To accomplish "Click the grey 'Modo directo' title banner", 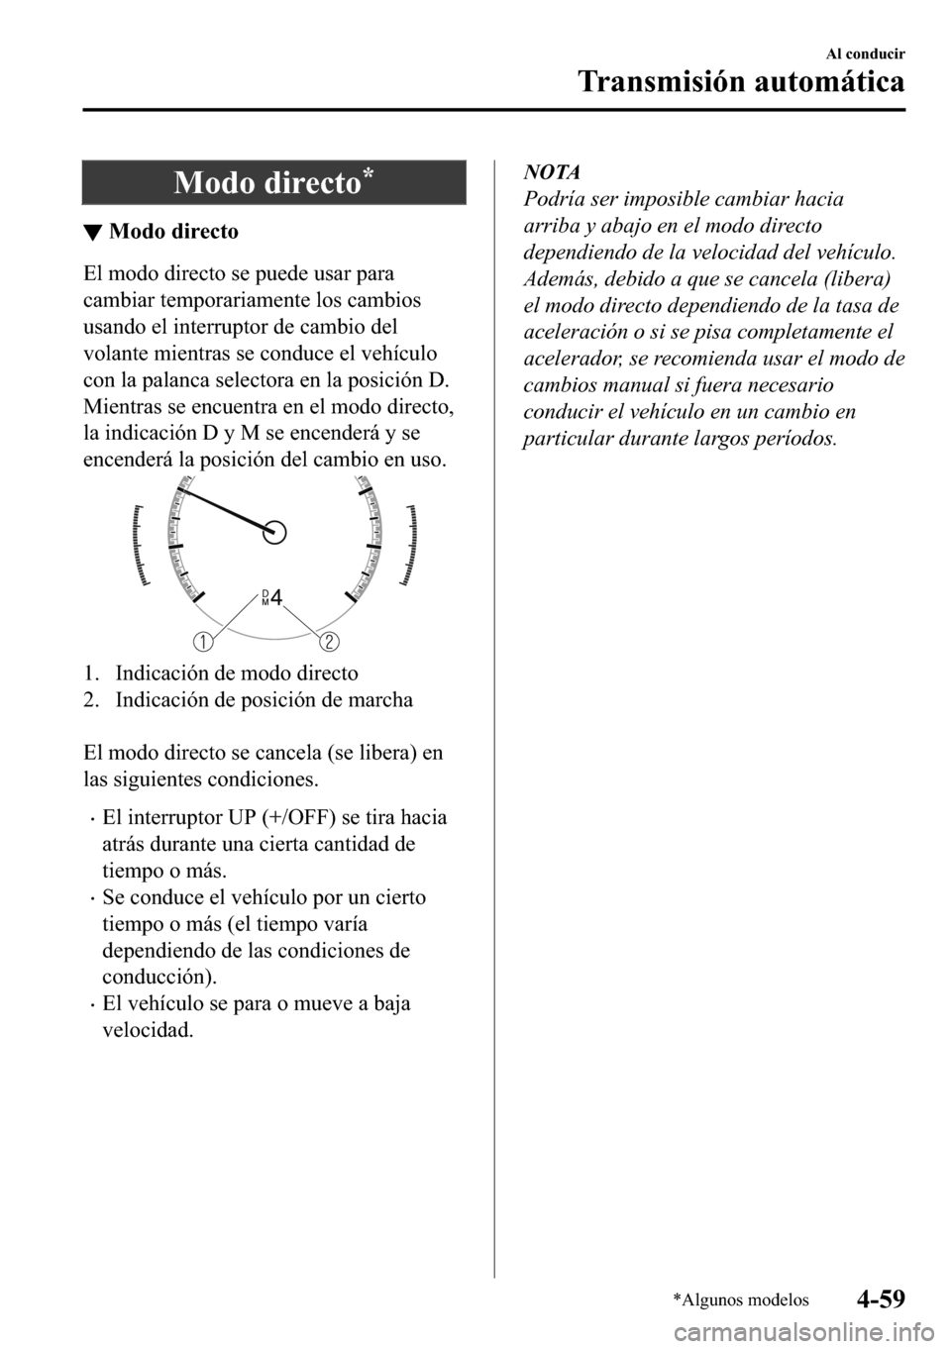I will coord(273,182).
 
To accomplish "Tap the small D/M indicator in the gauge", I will coord(264,597).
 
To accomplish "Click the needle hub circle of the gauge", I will coord(276,532).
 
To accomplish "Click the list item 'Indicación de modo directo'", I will coord(236,674).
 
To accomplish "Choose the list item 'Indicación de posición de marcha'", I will coord(264,700).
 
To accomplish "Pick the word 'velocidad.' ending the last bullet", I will coord(148,1030).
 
